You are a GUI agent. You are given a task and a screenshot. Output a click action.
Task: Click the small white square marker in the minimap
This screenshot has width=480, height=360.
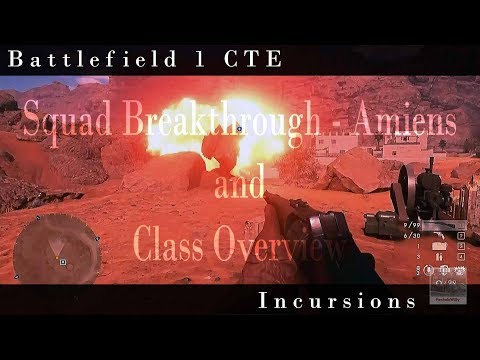[x=63, y=262]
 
